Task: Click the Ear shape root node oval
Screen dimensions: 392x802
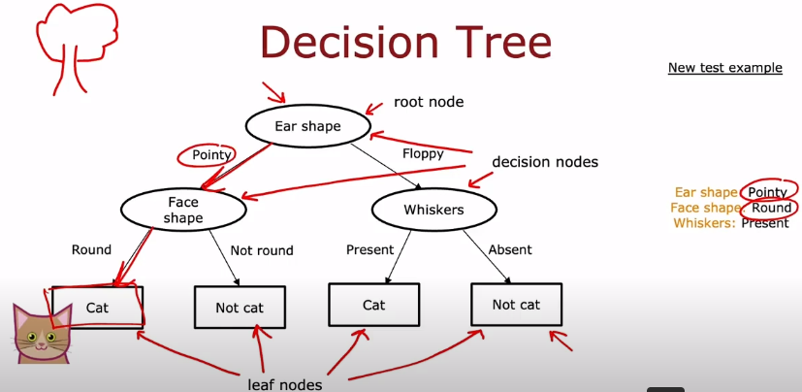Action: click(x=307, y=126)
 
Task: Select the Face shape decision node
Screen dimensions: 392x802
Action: click(x=182, y=210)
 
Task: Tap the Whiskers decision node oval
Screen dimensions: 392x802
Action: click(x=433, y=210)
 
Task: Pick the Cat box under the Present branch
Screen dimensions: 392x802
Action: click(x=374, y=305)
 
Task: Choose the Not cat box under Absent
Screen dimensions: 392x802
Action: click(x=516, y=305)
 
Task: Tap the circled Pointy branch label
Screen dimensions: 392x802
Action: click(x=209, y=155)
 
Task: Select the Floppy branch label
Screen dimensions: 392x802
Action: click(x=423, y=153)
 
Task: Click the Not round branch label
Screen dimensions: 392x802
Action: click(x=262, y=250)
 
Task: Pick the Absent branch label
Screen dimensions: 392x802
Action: click(x=510, y=250)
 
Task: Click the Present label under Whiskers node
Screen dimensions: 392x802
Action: click(x=369, y=250)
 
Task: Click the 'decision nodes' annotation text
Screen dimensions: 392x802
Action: click(x=545, y=162)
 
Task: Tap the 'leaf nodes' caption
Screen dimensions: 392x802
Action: click(x=283, y=384)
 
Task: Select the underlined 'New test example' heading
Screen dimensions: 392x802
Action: click(x=724, y=68)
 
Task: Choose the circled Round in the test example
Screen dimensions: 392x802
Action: click(x=772, y=208)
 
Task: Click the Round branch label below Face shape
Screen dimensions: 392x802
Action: click(x=91, y=249)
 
